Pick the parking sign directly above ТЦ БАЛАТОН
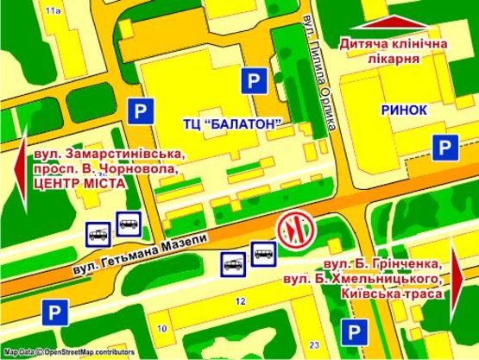254,81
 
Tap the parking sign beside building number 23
352,331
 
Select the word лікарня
398,60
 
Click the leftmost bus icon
97,231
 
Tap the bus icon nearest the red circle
263,253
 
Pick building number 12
241,301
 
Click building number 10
162,329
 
